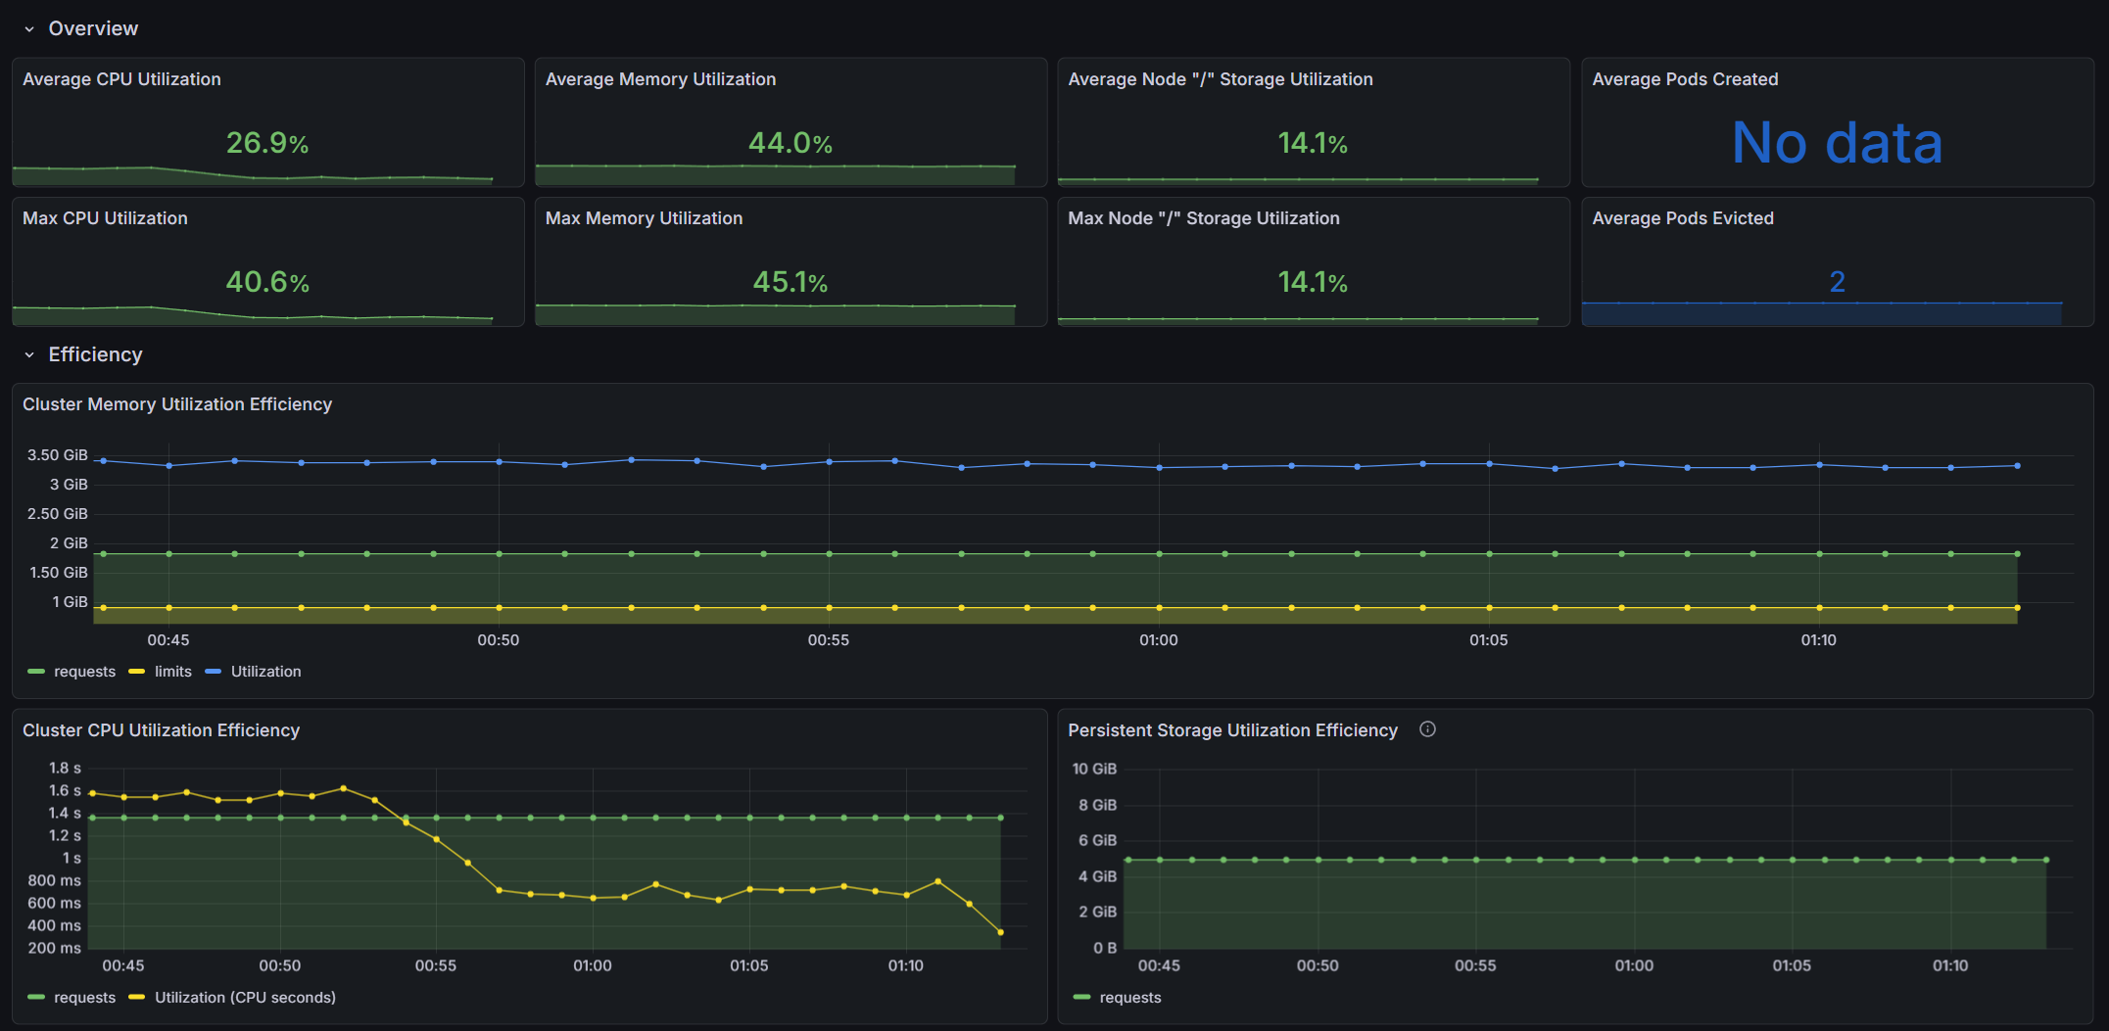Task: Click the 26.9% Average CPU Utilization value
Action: pyautogui.click(x=267, y=143)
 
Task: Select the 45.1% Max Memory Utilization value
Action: pyautogui.click(x=790, y=282)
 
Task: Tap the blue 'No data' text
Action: pyautogui.click(x=1837, y=143)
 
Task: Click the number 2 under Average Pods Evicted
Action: pyautogui.click(x=1837, y=282)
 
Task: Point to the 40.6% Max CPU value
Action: pyautogui.click(x=267, y=282)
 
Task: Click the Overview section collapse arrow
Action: pyautogui.click(x=29, y=29)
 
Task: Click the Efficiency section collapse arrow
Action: pyautogui.click(x=29, y=355)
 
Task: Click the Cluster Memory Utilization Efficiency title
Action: pyautogui.click(x=177, y=404)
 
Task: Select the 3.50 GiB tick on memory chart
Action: pyautogui.click(x=58, y=455)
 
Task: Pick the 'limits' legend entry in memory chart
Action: pyautogui.click(x=172, y=672)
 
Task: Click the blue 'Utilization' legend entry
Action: pyautogui.click(x=264, y=672)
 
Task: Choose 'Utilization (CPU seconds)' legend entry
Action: pyautogui.click(x=244, y=998)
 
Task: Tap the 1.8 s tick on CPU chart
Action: pyautogui.click(x=65, y=769)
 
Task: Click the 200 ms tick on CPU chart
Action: pyautogui.click(x=55, y=948)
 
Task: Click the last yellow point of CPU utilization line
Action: pyautogui.click(x=1000, y=932)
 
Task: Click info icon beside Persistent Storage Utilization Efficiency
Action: pyautogui.click(x=1427, y=729)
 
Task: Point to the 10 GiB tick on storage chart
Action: pyautogui.click(x=1094, y=769)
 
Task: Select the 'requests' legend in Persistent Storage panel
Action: pyautogui.click(x=1129, y=998)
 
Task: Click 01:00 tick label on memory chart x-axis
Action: pyautogui.click(x=1158, y=640)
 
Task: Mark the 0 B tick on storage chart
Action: pyautogui.click(x=1105, y=948)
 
